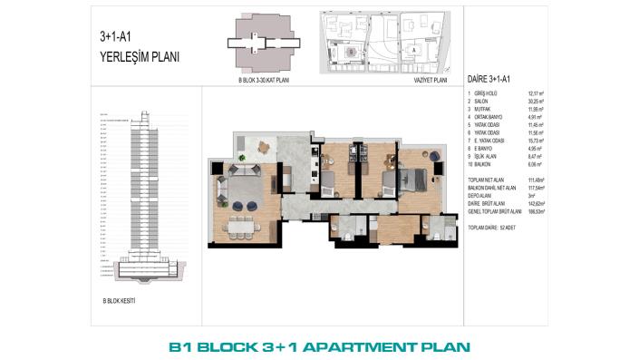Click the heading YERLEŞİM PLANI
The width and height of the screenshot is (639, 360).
(x=140, y=56)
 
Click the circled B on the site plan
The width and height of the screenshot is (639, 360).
(x=350, y=52)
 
